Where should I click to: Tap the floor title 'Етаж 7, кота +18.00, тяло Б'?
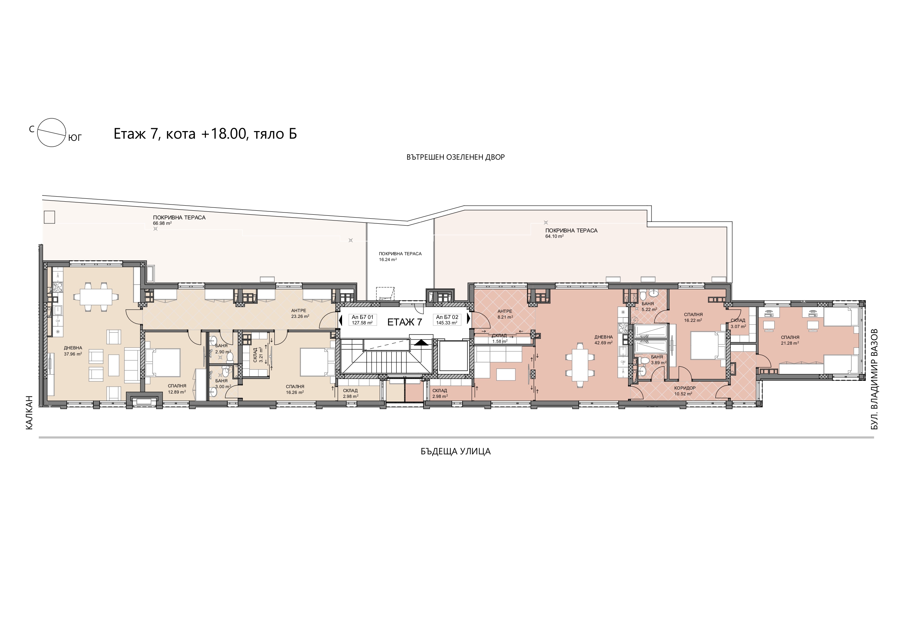pos(205,134)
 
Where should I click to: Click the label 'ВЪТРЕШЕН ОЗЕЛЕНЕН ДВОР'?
pos(456,157)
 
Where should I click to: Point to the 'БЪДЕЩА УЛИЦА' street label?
pos(456,451)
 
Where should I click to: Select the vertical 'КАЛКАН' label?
pos(29,413)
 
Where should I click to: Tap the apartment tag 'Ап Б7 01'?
pos(363,317)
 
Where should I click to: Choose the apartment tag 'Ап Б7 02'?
pos(447,317)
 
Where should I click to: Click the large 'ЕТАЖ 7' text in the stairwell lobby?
pos(405,322)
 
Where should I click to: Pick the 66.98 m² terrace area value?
pos(162,223)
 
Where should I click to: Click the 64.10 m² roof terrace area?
pos(555,236)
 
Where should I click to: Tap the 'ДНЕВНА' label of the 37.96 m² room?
pos(73,348)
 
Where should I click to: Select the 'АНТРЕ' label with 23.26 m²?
pos(299,311)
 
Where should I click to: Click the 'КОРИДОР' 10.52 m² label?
pos(685,388)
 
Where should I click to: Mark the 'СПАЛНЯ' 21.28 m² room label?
pos(790,337)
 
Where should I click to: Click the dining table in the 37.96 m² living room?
pos(96,297)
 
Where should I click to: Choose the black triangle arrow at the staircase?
pos(421,342)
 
